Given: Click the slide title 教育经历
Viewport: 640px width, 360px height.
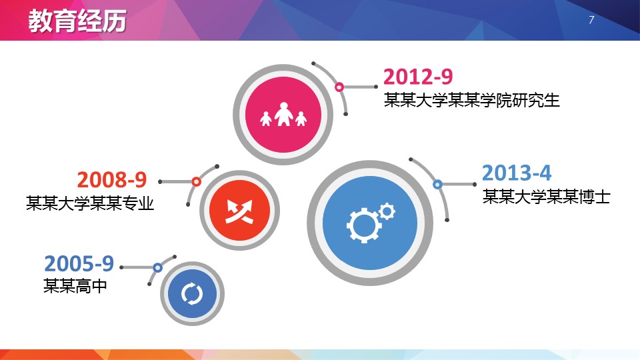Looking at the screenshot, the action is pos(77,21).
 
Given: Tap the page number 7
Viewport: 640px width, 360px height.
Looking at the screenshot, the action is pos(591,20).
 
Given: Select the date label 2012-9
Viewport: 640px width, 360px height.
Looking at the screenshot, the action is pos(418,77).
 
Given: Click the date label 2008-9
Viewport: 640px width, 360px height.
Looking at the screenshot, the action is pos(112,179).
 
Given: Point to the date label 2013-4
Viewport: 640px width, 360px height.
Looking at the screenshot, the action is pos(517,173).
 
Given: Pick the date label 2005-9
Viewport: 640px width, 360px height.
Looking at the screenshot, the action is pos(79,263).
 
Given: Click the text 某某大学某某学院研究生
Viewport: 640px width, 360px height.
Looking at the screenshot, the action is pos(471,100).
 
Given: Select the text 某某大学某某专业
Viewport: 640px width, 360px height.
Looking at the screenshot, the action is pos(90,203).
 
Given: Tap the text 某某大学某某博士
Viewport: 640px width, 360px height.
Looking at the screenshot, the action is pos(546,196).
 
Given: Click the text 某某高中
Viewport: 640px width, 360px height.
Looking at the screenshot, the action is pos(75,286).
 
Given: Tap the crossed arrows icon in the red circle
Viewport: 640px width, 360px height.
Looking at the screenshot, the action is pos(239,211).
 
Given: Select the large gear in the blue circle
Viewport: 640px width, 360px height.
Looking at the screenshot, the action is pos(363,225).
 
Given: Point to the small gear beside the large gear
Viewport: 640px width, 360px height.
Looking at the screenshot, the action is pos(387,212).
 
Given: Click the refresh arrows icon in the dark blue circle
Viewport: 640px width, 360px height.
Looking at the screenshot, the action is pos(192,293).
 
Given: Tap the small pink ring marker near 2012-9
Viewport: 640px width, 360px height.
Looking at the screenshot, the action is pos(339,87).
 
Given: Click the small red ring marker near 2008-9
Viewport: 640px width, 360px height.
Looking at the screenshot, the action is pos(196,181).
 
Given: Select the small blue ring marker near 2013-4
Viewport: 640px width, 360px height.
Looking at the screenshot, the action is pos(437,185).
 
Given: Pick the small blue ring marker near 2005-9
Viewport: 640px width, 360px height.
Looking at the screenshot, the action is pos(157,268).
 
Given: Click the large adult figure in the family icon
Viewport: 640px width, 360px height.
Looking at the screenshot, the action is pos(283,114).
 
